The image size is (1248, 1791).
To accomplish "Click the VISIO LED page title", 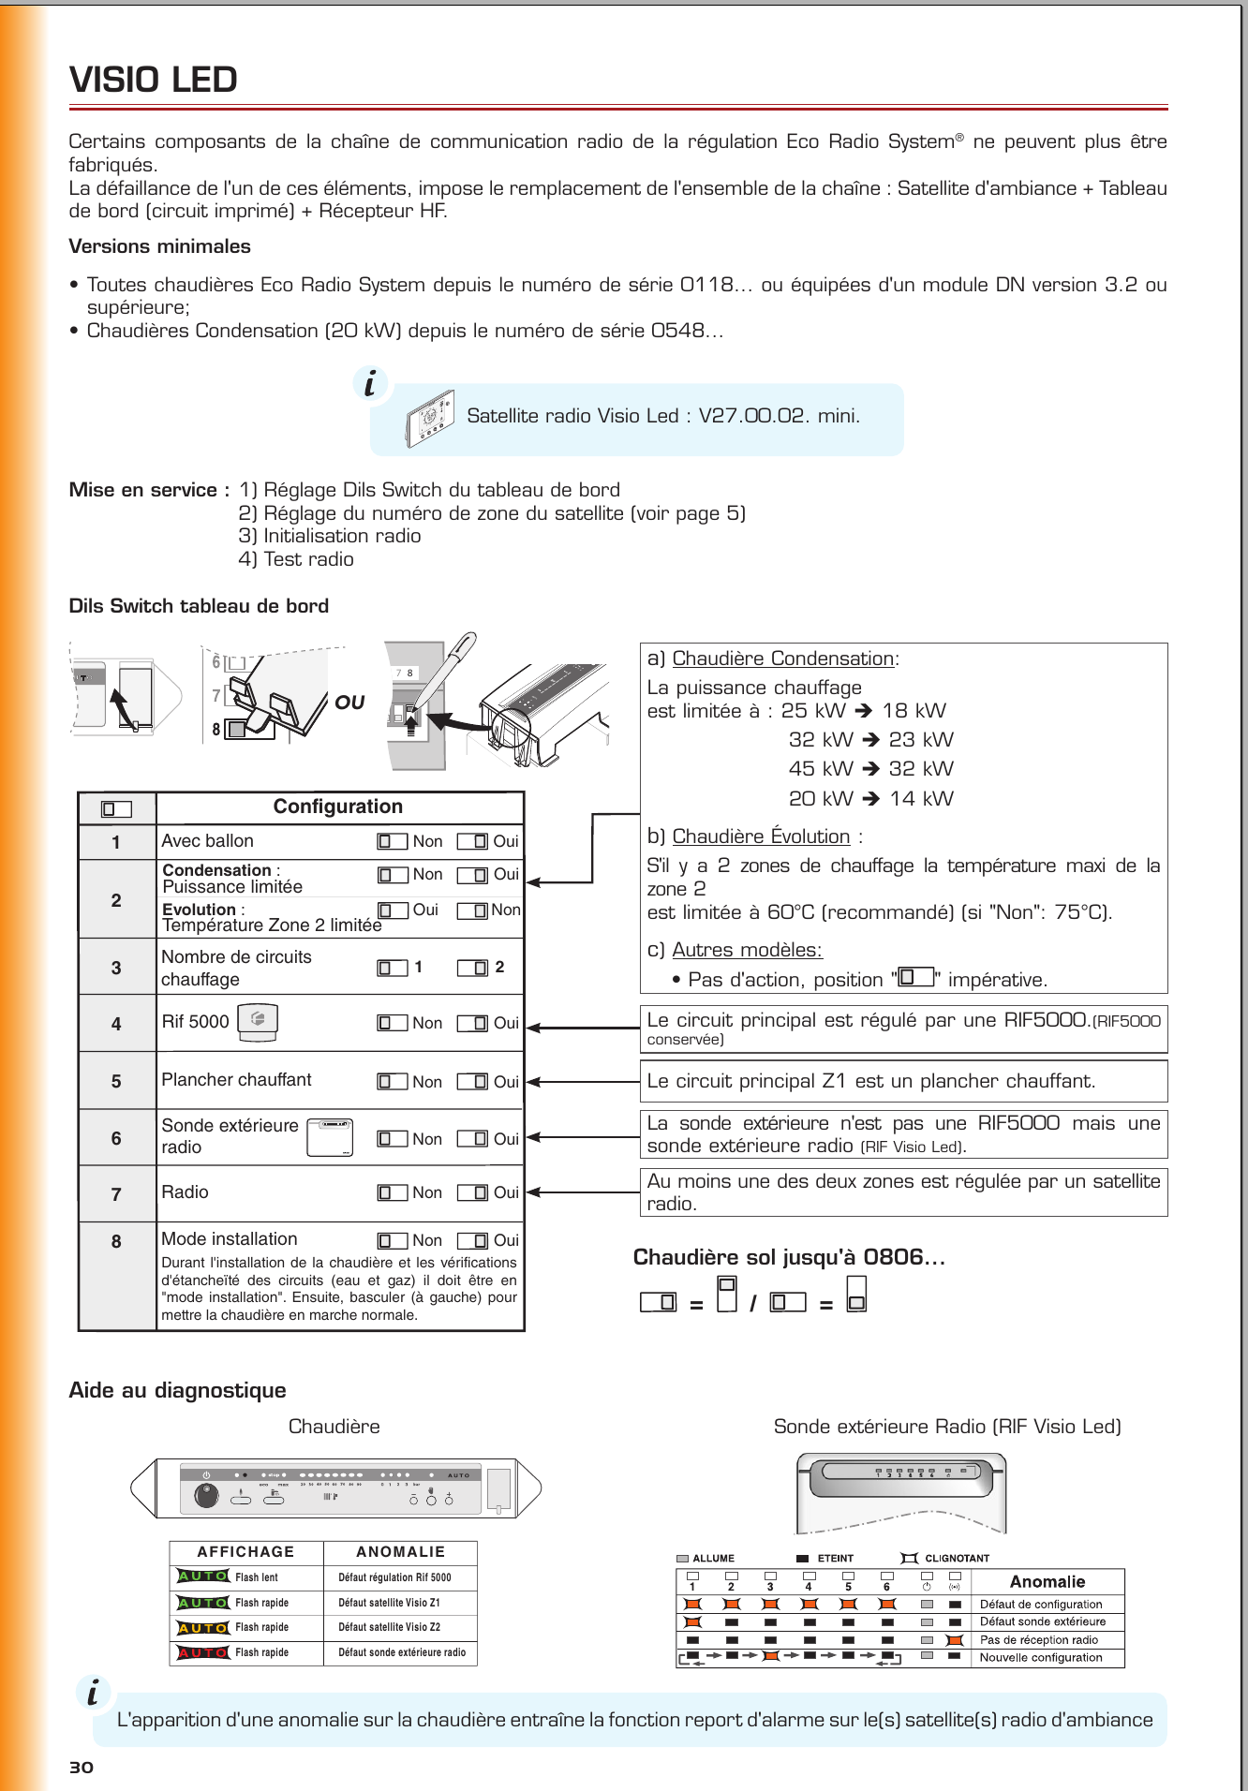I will tap(154, 81).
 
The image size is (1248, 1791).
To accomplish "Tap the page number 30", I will tap(82, 1767).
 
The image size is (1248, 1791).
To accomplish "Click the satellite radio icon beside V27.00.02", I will tap(430, 418).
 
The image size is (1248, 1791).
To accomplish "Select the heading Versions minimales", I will tap(160, 246).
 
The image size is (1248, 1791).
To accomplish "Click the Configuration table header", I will tap(337, 807).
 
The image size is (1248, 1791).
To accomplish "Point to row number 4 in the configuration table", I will tap(116, 1024).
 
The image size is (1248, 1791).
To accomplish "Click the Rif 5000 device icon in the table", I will tap(258, 1021).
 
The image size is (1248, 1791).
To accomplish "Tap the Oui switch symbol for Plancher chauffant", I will tap(473, 1082).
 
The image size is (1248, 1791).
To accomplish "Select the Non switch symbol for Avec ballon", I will tap(392, 841).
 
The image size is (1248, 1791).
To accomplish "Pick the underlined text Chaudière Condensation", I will tap(783, 659).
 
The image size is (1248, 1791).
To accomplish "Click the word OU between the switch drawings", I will tap(349, 703).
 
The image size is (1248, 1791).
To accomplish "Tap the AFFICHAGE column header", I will tap(245, 1552).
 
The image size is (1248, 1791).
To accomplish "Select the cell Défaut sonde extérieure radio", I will tap(401, 1652).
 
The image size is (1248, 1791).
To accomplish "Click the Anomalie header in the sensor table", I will tap(1047, 1582).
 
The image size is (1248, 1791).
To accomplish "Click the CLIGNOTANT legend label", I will tap(957, 1559).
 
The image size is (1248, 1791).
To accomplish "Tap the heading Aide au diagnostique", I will tap(178, 1390).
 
